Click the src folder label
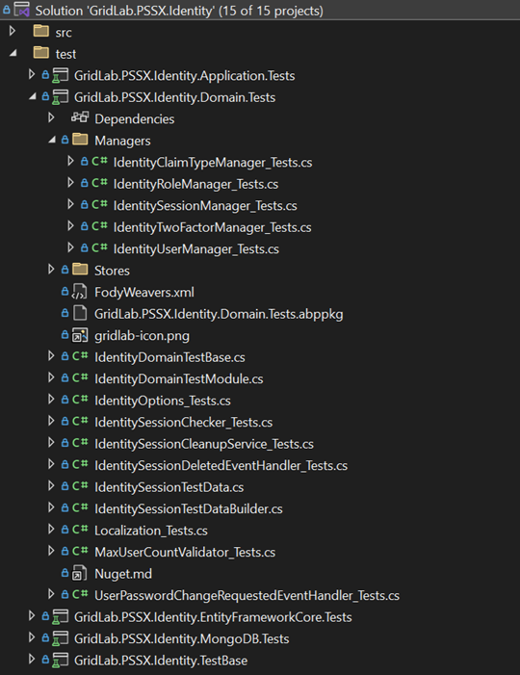(x=64, y=33)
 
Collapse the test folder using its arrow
(x=13, y=53)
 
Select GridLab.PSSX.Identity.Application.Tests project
(x=184, y=76)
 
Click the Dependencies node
(x=134, y=119)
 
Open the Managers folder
(x=122, y=141)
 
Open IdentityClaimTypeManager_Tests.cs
(x=213, y=163)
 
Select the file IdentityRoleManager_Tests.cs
(x=195, y=184)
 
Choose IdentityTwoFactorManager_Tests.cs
(x=212, y=227)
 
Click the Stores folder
(x=112, y=271)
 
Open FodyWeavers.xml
(x=144, y=293)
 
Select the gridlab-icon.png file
(x=142, y=336)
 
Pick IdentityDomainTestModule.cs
(x=179, y=378)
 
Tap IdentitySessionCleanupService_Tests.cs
(x=204, y=444)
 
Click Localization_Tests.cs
(x=150, y=531)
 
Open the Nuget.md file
(x=123, y=574)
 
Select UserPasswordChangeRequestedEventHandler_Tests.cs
(x=247, y=595)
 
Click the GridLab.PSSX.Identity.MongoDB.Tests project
(x=181, y=638)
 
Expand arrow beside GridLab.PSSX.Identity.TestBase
(x=32, y=660)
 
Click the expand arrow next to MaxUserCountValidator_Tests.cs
(x=51, y=551)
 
